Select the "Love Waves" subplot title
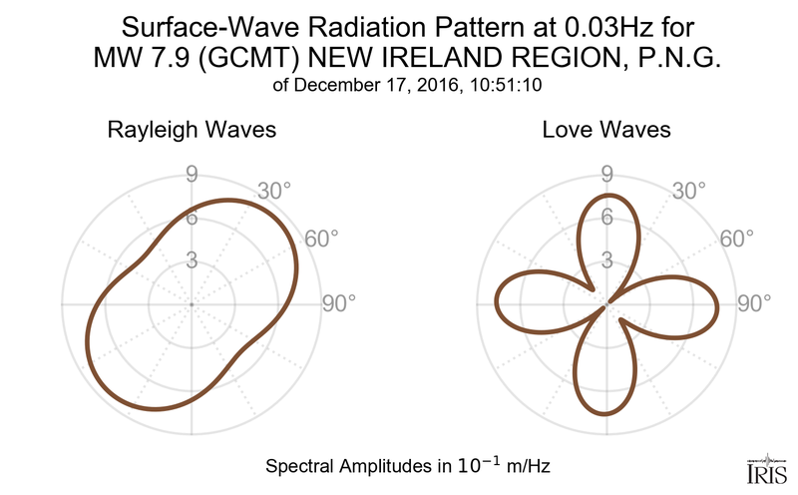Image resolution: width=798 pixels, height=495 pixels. [605, 130]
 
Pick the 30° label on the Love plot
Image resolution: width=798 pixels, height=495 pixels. [687, 190]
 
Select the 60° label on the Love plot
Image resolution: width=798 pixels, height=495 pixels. [735, 239]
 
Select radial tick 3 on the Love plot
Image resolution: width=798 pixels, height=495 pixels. [605, 261]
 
